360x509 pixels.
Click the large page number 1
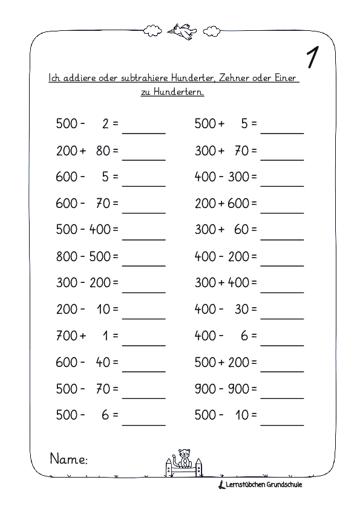pos(313,57)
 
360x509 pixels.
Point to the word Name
pos(68,460)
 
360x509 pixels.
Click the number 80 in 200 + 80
pos(102,151)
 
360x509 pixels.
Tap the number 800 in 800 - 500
pos(67,257)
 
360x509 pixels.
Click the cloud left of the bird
pos(151,30)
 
